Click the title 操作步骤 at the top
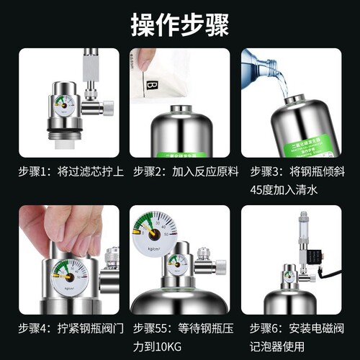179,24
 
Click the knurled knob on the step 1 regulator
107,108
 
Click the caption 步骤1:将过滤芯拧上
70,174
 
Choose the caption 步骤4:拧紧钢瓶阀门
70,329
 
